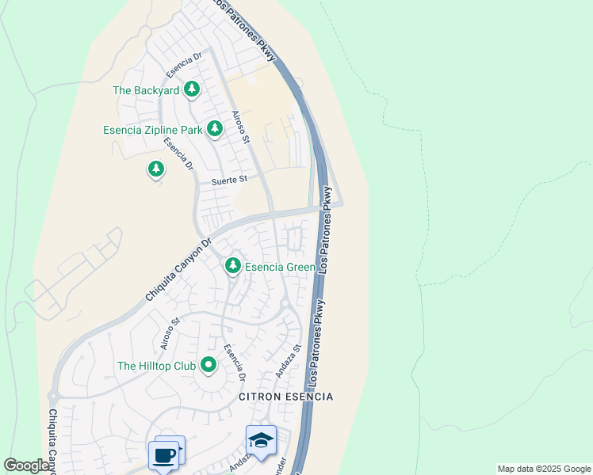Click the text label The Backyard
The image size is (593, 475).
point(146,90)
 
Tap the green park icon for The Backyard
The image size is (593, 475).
point(191,89)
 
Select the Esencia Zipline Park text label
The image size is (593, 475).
point(152,130)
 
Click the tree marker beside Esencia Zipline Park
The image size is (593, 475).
point(214,128)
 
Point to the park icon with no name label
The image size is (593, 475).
point(156,169)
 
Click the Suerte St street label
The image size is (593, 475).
point(229,180)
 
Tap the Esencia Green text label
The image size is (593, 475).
point(280,267)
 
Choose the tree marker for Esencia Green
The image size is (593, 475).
point(232,265)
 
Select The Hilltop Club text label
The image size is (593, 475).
point(155,366)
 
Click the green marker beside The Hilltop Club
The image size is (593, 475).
point(209,365)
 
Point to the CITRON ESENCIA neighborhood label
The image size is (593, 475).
point(286,396)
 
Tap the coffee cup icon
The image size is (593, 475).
point(164,455)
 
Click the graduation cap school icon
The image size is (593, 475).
point(261,440)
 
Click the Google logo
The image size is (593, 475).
point(26,465)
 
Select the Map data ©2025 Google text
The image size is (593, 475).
point(544,469)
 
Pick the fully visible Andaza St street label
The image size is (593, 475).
point(289,359)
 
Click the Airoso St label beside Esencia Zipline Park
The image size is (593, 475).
point(240,127)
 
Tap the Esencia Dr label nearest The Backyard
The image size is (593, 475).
point(185,66)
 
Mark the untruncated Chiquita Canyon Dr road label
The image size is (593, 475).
point(179,270)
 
